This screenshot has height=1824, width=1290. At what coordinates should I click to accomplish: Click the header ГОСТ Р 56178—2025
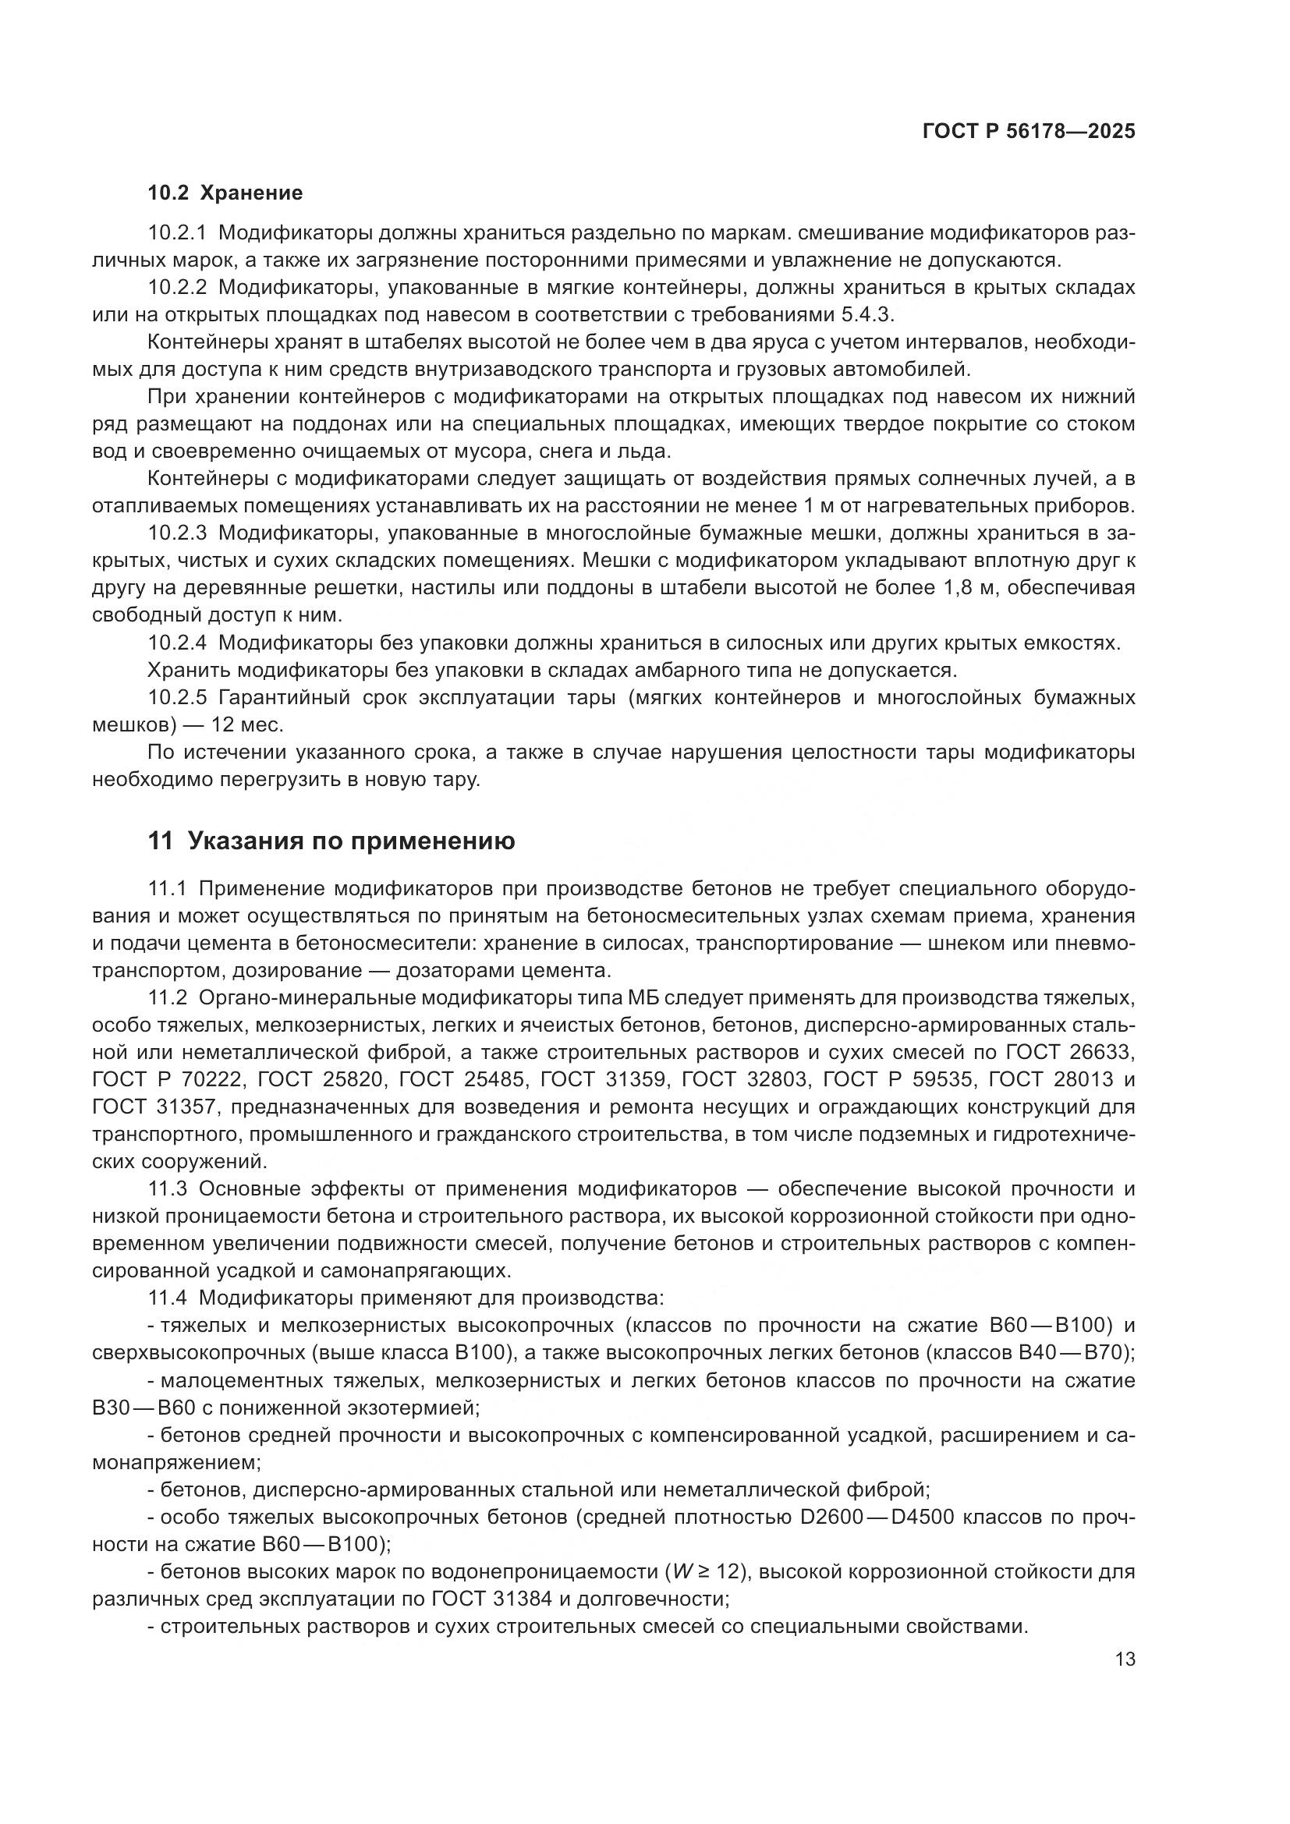tap(1029, 132)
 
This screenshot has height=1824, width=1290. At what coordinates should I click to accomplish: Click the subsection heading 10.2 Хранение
tap(225, 193)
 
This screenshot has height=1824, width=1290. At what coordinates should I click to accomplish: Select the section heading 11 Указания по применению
tap(331, 841)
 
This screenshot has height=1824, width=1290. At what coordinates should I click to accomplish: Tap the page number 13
tap(1125, 1659)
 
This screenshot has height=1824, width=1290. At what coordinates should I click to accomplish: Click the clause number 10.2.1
tap(177, 232)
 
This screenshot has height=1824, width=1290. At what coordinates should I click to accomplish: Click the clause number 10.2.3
tap(177, 533)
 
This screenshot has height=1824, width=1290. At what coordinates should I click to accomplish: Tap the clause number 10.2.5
tap(177, 697)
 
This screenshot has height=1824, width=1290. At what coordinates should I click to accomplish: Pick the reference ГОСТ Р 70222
tap(168, 1079)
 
